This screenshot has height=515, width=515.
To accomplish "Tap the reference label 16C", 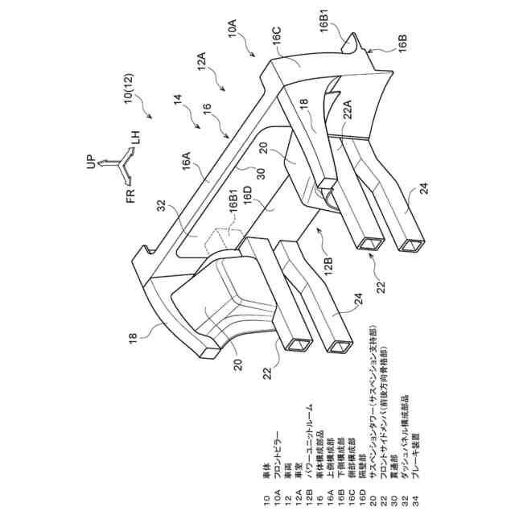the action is click(275, 39).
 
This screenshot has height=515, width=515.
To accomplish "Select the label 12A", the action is click(200, 60).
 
